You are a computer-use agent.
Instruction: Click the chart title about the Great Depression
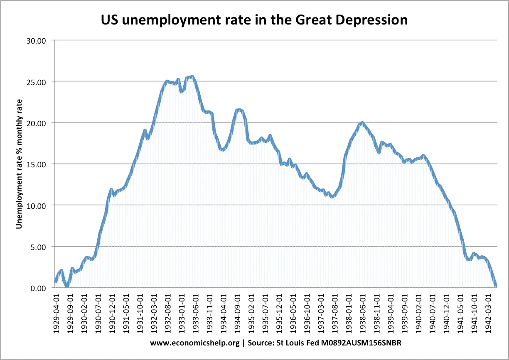click(x=254, y=20)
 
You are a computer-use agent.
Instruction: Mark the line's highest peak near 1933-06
click(x=192, y=76)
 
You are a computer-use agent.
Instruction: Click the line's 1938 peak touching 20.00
click(x=362, y=122)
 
